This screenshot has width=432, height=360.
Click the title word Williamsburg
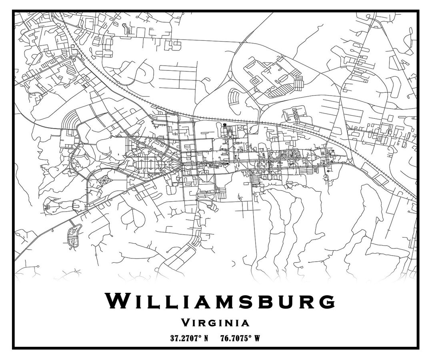220,301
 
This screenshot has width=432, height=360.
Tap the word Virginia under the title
215,322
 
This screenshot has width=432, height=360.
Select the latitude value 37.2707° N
189,338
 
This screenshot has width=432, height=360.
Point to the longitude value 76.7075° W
240,338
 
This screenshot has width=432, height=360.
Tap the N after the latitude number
206,338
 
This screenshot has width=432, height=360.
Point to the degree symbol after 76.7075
250,336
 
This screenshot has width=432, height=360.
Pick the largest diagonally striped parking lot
280,90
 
